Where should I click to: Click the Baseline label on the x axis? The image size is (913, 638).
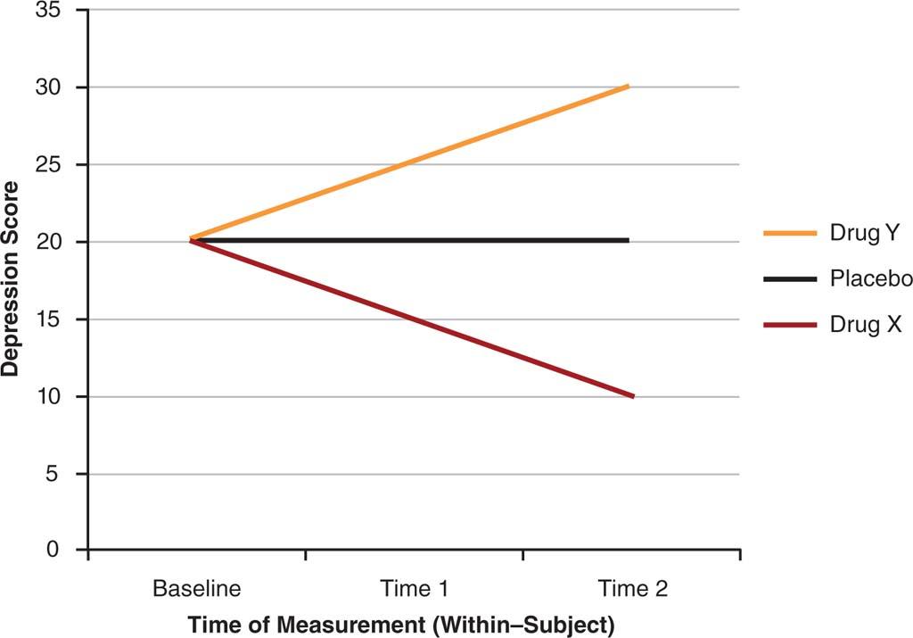pos(197,590)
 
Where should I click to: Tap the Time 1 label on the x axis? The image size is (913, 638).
pos(414,590)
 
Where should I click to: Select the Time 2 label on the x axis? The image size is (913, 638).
pos(632,590)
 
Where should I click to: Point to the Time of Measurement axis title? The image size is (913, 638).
pos(400,624)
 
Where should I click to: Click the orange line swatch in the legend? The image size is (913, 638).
pos(790,234)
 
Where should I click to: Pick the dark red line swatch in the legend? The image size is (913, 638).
pos(790,326)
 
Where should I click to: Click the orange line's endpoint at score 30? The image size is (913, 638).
pos(629,87)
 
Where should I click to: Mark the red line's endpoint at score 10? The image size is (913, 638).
pos(632,396)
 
